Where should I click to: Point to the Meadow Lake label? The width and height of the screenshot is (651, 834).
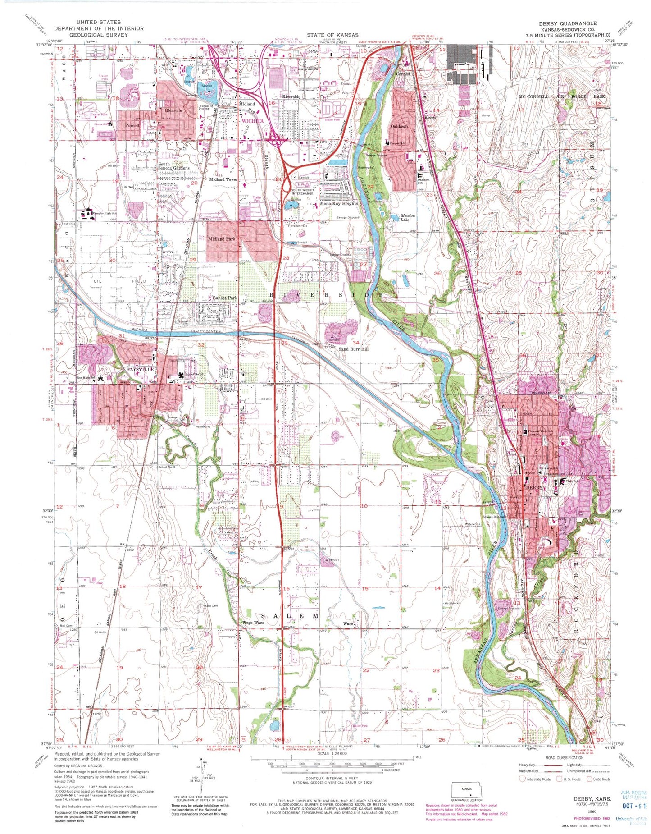[408, 218]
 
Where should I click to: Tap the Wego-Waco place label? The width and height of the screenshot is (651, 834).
[253, 623]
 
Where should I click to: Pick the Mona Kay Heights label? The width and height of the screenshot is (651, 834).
[339, 203]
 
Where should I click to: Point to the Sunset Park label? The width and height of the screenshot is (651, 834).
[225, 298]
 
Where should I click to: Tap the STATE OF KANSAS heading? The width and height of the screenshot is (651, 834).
[333, 35]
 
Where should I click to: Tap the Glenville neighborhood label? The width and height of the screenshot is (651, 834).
[173, 110]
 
